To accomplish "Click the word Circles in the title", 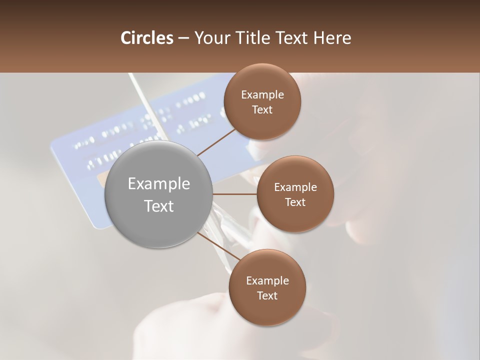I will [146, 38].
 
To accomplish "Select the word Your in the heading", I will [211, 38].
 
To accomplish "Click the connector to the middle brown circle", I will [234, 194].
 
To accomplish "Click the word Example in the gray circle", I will [159, 184].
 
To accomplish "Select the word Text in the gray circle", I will [159, 206].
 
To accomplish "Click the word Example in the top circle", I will [262, 95].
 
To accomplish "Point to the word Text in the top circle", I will [262, 110].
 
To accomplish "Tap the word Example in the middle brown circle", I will [295, 187].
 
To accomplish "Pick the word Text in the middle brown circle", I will [295, 202].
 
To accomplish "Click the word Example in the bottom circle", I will [267, 281].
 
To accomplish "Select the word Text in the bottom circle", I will [267, 296].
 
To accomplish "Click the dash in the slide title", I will [183, 38].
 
